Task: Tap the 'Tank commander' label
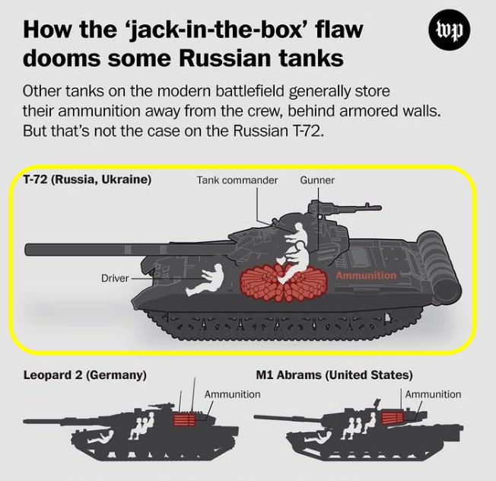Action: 237,180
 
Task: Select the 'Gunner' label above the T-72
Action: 317,180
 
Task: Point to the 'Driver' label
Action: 115,279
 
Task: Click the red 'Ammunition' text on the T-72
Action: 366,276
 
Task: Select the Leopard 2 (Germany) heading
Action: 84,375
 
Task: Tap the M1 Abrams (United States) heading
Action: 335,375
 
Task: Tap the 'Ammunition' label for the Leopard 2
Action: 232,394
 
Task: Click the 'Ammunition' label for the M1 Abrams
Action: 433,394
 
